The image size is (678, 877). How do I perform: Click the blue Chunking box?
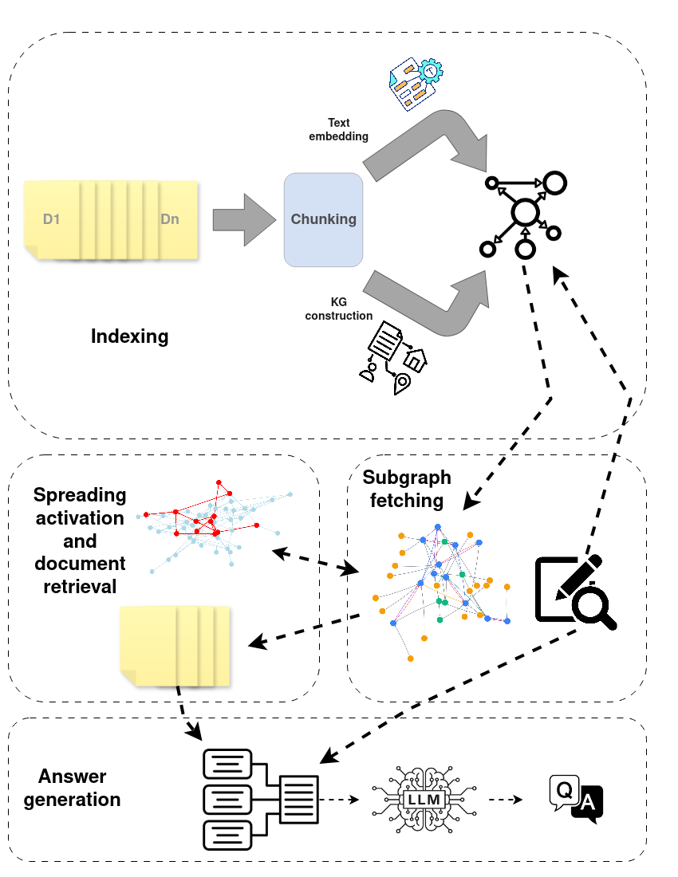coord(323,219)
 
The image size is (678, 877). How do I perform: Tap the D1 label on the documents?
coord(51,218)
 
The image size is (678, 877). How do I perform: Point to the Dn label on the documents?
coord(169,218)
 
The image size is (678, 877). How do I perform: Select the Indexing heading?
coord(129,336)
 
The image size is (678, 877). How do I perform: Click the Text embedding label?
coord(338,129)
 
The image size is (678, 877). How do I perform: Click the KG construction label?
coord(338,309)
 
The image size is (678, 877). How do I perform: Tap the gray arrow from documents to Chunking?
coord(242,219)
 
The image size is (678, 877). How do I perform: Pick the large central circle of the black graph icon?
coord(526,212)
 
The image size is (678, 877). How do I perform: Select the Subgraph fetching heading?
coord(407,489)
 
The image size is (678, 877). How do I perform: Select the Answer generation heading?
coord(73,788)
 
